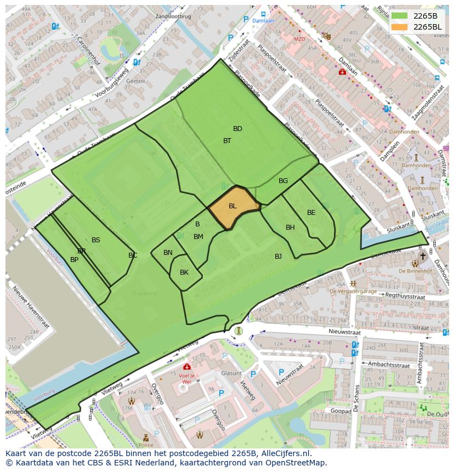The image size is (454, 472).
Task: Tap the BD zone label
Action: tap(237, 129)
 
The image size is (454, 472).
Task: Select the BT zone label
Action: tap(227, 141)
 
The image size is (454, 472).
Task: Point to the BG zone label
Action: tap(283, 181)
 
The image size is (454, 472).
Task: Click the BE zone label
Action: tap(311, 213)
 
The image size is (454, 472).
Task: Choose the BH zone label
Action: tap(290, 228)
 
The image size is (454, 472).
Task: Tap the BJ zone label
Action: tap(278, 257)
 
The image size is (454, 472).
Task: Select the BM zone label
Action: tap(198, 237)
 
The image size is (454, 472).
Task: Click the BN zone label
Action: tap(168, 253)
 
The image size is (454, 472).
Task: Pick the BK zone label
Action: tap(184, 272)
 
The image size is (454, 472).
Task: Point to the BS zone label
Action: tap(96, 240)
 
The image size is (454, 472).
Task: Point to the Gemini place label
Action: tap(135, 81)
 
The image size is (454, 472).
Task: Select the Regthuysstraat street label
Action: tap(406, 296)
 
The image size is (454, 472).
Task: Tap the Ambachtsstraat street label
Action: tap(389, 364)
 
